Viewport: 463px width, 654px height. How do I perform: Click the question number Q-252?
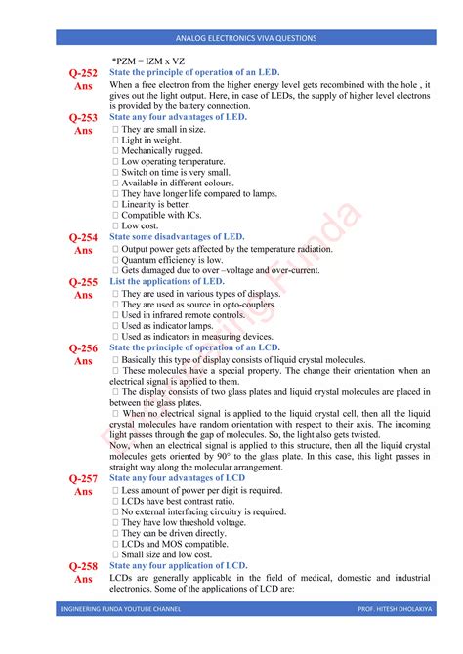point(83,73)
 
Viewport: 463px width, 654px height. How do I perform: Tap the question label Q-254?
point(83,237)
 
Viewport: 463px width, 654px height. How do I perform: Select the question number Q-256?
point(83,347)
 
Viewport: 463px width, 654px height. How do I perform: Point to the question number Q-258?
point(83,566)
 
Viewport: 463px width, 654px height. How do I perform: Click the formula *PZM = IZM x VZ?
point(147,61)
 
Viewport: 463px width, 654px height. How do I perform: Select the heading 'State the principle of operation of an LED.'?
point(194,73)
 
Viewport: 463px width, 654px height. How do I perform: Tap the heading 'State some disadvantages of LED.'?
point(177,237)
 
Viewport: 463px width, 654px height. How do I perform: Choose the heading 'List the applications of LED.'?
point(167,281)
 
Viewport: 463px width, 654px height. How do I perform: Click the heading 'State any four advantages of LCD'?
point(178,478)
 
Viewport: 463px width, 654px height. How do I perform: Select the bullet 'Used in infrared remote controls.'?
point(181,314)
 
